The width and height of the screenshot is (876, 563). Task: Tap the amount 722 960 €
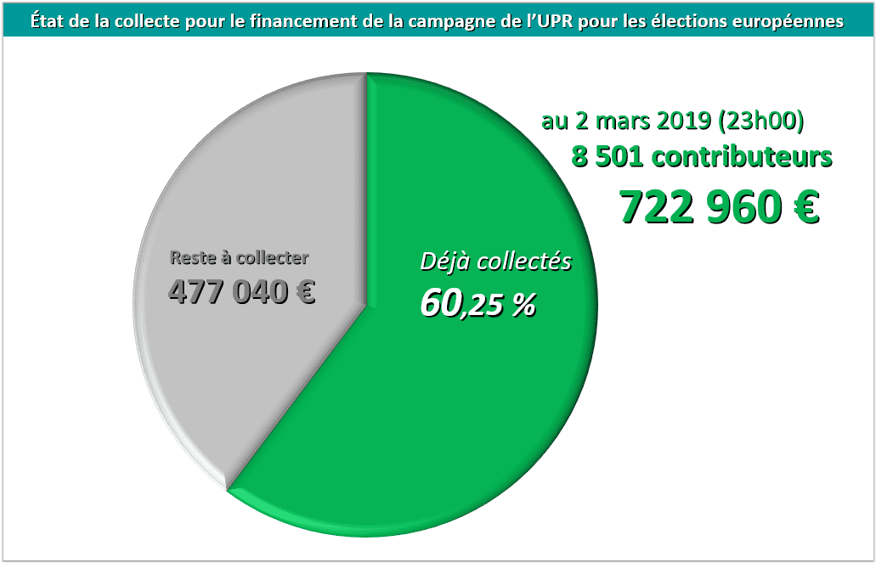[719, 206]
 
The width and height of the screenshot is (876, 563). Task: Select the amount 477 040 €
[242, 292]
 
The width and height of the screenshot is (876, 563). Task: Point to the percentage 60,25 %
[478, 304]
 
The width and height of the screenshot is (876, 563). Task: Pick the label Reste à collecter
[240, 257]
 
